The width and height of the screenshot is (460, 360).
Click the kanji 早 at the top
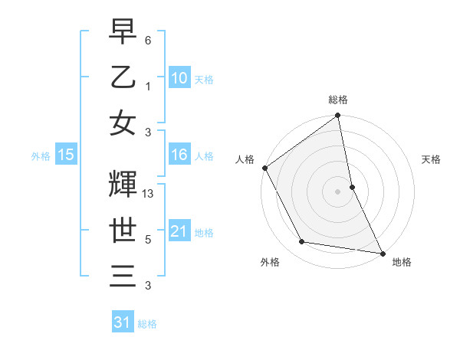(123, 32)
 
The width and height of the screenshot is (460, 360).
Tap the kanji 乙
(123, 77)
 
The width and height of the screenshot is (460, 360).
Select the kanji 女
(123, 123)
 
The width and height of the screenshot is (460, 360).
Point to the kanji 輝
(123, 185)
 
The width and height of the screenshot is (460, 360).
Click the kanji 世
(123, 231)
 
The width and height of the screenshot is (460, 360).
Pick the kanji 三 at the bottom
(123, 277)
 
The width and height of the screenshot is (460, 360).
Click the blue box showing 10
(179, 78)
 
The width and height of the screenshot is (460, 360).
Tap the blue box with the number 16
(179, 155)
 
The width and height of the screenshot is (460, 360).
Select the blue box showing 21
(179, 232)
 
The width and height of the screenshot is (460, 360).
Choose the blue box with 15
(66, 155)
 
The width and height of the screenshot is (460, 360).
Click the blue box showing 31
(123, 322)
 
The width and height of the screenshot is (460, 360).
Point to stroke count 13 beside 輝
(149, 194)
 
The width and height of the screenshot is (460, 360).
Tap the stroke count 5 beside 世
(147, 240)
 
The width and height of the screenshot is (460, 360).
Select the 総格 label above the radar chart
(338, 100)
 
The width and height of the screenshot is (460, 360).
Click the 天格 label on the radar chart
(431, 159)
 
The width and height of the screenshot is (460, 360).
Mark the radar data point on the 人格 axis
(264, 168)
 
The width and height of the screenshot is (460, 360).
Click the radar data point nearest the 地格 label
(382, 252)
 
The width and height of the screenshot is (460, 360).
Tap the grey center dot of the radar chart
(337, 191)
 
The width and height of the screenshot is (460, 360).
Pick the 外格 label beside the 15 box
(41, 156)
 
